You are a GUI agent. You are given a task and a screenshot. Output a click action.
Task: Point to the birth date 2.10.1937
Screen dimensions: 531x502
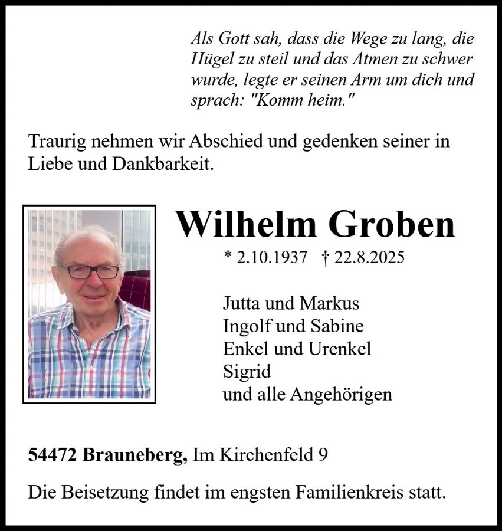coord(272,258)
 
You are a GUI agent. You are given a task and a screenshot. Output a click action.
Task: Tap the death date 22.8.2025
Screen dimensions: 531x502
coord(369,258)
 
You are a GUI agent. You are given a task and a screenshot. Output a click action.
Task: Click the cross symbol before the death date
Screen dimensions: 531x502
coord(325,258)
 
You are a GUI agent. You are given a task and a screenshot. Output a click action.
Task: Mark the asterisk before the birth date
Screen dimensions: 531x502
coord(228,257)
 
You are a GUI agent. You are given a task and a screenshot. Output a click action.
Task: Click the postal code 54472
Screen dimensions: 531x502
coord(53,455)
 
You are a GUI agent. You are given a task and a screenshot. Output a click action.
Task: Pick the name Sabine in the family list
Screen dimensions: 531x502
coord(338,326)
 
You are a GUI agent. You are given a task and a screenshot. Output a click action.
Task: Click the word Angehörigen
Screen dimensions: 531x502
coord(341,394)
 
